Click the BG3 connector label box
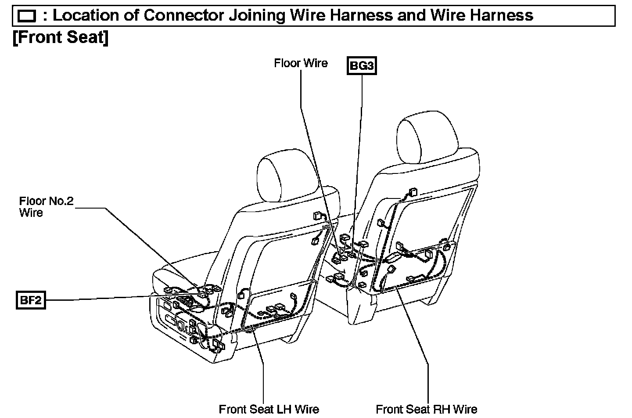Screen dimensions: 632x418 [362, 65]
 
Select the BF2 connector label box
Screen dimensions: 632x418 [31, 301]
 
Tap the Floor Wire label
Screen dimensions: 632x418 [301, 63]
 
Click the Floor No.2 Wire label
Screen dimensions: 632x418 [46, 207]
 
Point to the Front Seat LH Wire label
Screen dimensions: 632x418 [269, 409]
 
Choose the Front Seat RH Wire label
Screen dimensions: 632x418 [426, 409]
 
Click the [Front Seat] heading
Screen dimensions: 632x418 [61, 37]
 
